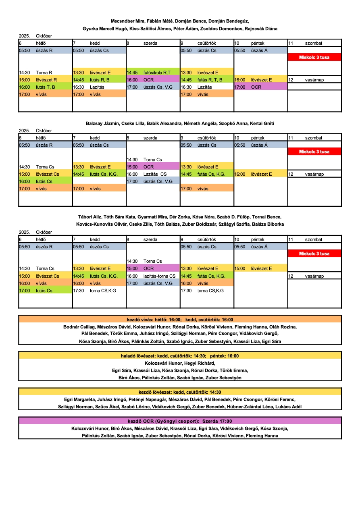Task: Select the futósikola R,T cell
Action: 153,73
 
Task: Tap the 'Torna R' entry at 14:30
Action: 44,73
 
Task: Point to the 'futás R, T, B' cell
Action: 207,80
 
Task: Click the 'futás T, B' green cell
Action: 45,87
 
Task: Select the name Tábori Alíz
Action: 90,217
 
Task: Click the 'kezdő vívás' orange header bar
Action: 180,319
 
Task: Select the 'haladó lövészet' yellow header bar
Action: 180,356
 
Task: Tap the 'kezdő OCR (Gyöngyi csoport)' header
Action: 180,421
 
